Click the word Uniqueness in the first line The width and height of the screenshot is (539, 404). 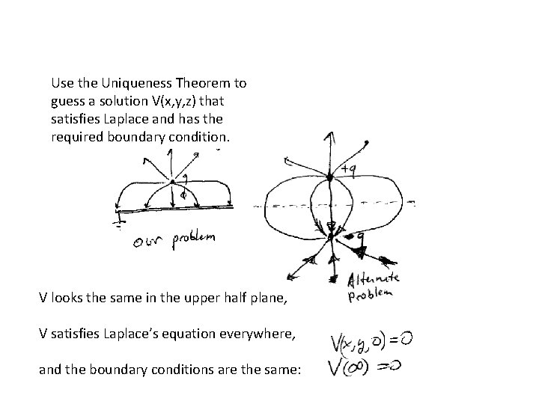[x=125, y=83]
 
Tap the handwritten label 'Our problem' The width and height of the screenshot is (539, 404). [x=171, y=240]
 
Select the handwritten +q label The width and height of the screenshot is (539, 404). [x=347, y=171]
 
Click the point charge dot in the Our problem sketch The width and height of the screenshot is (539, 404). [x=173, y=181]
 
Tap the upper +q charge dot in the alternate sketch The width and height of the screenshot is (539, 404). [x=329, y=177]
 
